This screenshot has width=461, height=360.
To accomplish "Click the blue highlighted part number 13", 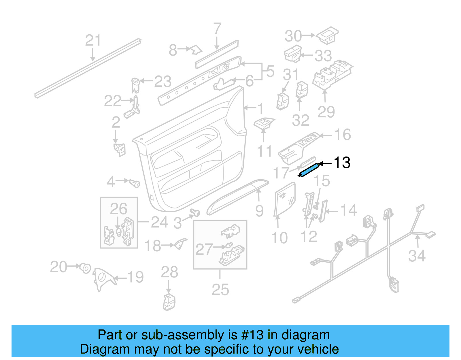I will point(309,170).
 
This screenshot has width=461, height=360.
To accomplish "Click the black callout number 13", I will point(342,163).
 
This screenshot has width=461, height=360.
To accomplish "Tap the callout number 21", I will point(93,40).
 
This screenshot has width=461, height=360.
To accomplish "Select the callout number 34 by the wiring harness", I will point(417,256).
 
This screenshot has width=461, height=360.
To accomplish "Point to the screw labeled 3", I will point(196,213).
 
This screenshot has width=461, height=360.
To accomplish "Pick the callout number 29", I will point(326,112).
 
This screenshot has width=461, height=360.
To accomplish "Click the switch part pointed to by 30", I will point(328,35).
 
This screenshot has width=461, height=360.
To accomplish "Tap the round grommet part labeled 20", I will point(85,268).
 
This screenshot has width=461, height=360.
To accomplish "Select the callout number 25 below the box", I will point(220,290).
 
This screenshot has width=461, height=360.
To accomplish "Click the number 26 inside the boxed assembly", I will point(118,209).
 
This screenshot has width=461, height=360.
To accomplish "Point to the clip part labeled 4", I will point(135,183).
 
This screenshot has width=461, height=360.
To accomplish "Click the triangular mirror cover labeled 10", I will point(284,199).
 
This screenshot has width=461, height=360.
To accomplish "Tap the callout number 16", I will point(342,135).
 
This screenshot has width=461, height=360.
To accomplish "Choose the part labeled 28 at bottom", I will point(169,302).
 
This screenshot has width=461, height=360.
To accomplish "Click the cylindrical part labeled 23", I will point(135,84).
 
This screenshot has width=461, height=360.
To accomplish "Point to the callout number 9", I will point(259,211).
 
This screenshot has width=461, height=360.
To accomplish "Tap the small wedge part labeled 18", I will point(181,244).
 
